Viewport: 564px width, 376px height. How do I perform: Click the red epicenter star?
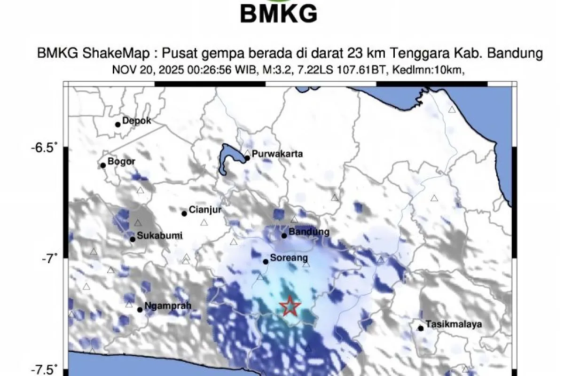click(x=290, y=306)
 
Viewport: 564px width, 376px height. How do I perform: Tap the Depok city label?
click(x=136, y=121)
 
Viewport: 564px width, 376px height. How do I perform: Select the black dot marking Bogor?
click(x=103, y=165)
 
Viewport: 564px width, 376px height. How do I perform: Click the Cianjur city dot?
click(x=184, y=213)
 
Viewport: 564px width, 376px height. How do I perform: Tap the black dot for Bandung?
click(x=284, y=235)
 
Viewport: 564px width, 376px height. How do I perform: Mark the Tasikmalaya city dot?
click(x=421, y=328)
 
